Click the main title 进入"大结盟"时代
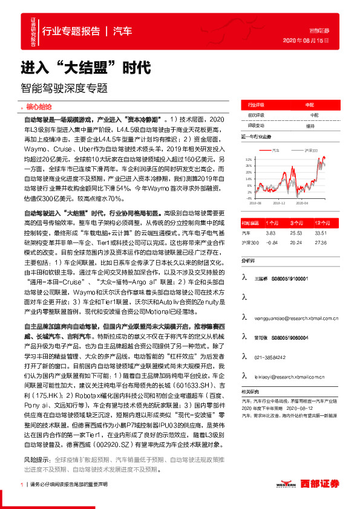[x=85, y=66]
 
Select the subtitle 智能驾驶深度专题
[x=64, y=87]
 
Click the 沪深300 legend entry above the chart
[x=310, y=149]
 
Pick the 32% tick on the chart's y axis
[x=247, y=159]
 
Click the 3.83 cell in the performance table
[x=271, y=232]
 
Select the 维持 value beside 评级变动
[x=310, y=126]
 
